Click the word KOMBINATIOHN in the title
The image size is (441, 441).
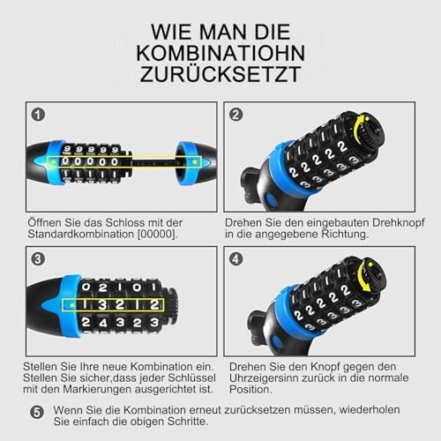click(x=220, y=53)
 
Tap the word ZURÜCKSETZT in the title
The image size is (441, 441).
click(x=220, y=73)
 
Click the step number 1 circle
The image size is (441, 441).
click(x=38, y=115)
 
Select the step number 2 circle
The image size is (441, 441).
click(x=235, y=115)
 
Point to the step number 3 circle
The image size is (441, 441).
click(x=38, y=259)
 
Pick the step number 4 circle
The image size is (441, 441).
click(x=235, y=259)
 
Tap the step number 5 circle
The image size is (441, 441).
click(x=37, y=412)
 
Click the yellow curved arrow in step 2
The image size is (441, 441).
click(x=356, y=127)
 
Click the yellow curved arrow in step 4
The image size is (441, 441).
click(x=364, y=275)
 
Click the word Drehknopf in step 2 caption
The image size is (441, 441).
click(x=398, y=223)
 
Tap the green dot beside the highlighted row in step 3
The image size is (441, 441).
click(x=72, y=305)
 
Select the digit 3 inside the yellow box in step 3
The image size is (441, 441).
click(x=102, y=305)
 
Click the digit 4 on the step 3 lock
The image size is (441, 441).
click(x=103, y=324)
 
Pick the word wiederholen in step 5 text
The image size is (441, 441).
click(x=370, y=409)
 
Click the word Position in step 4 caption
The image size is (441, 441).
click(x=250, y=390)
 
